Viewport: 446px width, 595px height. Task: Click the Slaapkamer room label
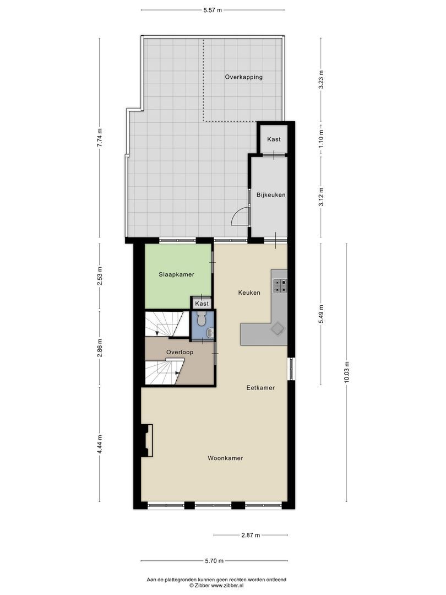176,274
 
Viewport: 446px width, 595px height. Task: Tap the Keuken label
249,293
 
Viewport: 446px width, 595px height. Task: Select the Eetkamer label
260,388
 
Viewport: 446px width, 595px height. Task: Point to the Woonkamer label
225,458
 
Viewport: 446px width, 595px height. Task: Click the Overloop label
179,351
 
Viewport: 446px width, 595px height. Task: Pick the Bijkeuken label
271,194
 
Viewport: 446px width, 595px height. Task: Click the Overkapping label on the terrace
243,77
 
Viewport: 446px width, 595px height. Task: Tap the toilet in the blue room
202,318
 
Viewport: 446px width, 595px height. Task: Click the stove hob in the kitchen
280,284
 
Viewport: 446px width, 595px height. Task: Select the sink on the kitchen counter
276,329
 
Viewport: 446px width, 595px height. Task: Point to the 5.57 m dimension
213,10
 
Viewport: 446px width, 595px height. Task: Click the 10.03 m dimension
347,372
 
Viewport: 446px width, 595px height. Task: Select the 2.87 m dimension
251,535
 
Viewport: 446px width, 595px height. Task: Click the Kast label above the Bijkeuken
274,139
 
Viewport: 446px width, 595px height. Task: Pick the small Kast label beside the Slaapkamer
202,304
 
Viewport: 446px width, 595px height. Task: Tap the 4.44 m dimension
100,444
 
